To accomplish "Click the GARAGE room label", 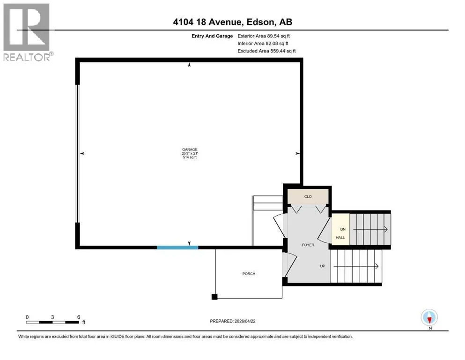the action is (190, 150).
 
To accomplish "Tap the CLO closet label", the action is (308, 196).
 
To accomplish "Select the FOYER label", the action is (308, 245).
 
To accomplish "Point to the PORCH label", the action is (249, 274).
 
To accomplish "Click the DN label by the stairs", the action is (343, 229).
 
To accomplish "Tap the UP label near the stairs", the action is (323, 266).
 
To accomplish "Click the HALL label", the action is (340, 238).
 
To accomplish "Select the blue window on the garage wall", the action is (177, 247).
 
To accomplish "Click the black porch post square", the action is (214, 297).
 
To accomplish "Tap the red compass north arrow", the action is (429, 319).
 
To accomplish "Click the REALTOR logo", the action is (27, 32).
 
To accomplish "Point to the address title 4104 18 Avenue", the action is (208, 22).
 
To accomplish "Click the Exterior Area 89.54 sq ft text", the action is (264, 36).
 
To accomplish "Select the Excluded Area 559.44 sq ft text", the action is (266, 51).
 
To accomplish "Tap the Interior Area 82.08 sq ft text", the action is (263, 43).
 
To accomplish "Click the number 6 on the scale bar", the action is (79, 317).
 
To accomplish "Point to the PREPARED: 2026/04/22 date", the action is (232, 321).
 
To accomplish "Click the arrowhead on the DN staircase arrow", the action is (386, 229).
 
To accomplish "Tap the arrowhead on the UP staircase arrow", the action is (377, 266).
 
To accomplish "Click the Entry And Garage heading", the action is (212, 36).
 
